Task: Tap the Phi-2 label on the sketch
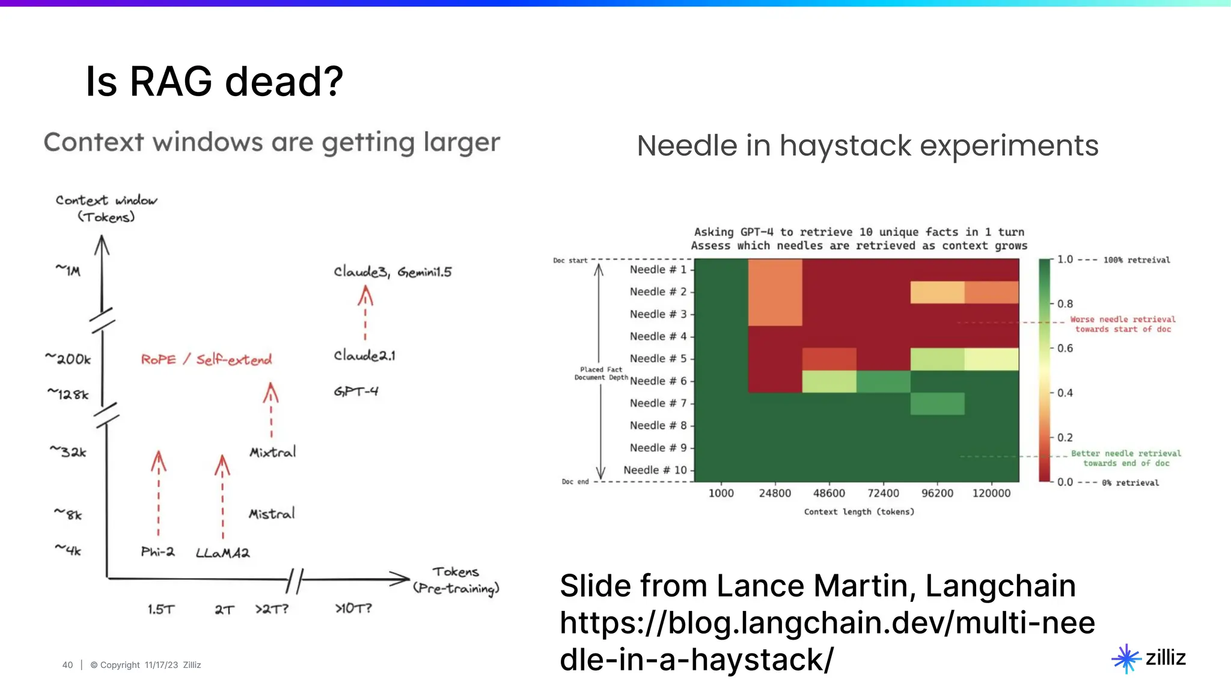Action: tap(157, 551)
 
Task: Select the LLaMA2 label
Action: tap(222, 553)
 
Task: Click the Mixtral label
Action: tap(273, 452)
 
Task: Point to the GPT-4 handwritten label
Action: tap(356, 392)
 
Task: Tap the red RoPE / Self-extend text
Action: tap(206, 359)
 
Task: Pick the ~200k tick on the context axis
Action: tap(68, 359)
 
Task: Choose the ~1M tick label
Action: tap(68, 270)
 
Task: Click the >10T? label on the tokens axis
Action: tap(353, 609)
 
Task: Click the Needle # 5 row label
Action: tap(658, 359)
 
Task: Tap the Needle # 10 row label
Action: tap(655, 470)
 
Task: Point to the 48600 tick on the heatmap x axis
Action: tap(829, 493)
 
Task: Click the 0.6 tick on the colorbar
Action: tap(1065, 348)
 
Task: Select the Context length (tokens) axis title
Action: tap(859, 512)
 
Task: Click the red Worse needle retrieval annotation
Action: tap(1122, 324)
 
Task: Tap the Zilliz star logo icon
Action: tap(1126, 658)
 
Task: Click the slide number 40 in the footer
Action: tap(67, 665)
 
